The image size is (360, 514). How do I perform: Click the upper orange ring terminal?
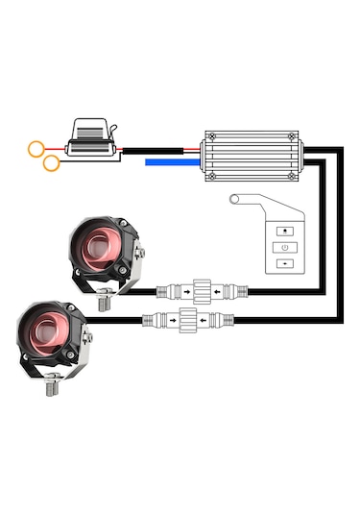point(36,149)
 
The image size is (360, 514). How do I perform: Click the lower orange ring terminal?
point(51,163)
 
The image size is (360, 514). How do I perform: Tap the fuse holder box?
point(94,140)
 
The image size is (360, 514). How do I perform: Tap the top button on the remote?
point(284,232)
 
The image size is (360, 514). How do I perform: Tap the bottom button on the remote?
point(284,262)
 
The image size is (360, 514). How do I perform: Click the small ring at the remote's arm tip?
point(233,199)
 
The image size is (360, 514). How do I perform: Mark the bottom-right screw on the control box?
point(292,176)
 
